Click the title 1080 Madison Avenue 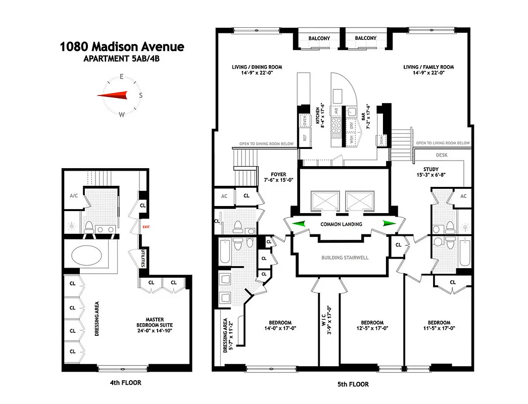pos(122,47)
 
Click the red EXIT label pos(146,228)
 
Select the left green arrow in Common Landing pos(299,224)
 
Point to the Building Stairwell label pos(345,258)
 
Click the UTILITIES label pos(143,258)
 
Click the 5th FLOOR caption pos(353,384)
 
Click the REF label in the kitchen pos(304,136)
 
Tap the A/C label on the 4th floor pos(72,196)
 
